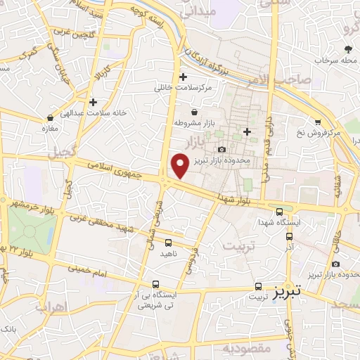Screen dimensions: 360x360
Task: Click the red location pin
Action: point(180,165)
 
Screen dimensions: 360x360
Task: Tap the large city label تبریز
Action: point(288,290)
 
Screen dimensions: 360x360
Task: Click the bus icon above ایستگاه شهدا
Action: point(280,211)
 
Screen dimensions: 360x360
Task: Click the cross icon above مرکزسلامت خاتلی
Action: point(183,77)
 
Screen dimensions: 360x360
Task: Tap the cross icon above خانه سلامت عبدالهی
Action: point(93,103)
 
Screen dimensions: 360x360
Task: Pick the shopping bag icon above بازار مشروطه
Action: point(195,112)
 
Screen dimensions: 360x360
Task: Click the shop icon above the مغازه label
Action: point(50,118)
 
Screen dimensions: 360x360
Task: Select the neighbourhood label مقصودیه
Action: point(247,348)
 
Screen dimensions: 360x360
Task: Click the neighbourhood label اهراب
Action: point(49,306)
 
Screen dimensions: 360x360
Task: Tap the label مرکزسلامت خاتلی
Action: point(183,89)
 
